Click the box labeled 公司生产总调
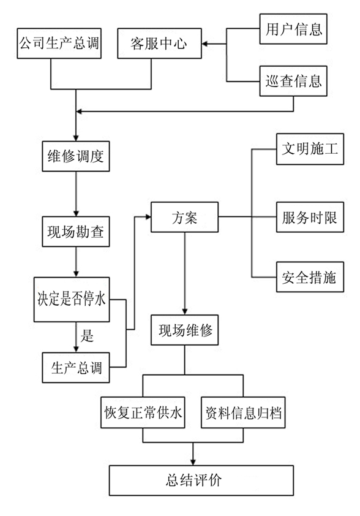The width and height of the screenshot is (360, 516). pyautogui.click(x=59, y=44)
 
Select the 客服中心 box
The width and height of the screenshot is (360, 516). pyautogui.click(x=159, y=44)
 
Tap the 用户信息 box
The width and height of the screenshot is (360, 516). pyautogui.click(x=293, y=29)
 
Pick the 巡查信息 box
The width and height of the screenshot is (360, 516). pyautogui.click(x=293, y=81)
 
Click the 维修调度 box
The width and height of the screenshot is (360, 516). pyautogui.click(x=76, y=156)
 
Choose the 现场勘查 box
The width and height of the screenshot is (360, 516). pyautogui.click(x=76, y=232)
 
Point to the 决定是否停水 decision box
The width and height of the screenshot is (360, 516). pyautogui.click(x=72, y=300)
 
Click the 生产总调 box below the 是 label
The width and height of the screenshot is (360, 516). pyautogui.click(x=76, y=368)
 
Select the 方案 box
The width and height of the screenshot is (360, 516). pyautogui.click(x=184, y=217)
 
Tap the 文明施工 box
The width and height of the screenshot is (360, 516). pyautogui.click(x=310, y=149)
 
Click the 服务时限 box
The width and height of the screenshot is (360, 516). pyautogui.click(x=310, y=217)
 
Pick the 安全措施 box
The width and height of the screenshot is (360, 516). pyautogui.click(x=310, y=277)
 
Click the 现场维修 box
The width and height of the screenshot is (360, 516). pyautogui.click(x=184, y=330)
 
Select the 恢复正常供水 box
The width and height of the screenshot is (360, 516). pyautogui.click(x=143, y=412)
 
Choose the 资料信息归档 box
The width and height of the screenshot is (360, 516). pyautogui.click(x=243, y=412)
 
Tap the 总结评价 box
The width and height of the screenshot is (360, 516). pyautogui.click(x=201, y=480)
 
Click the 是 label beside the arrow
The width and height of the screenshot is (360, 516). pyautogui.click(x=87, y=336)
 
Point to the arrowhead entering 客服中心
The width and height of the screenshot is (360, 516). pyautogui.click(x=204, y=44)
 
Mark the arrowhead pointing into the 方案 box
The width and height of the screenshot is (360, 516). pyautogui.click(x=148, y=217)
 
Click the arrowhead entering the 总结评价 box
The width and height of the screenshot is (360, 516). pyautogui.click(x=193, y=462)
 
